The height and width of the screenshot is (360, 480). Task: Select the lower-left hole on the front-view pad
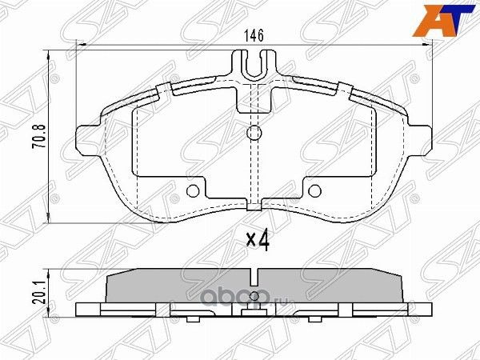pos(192,190)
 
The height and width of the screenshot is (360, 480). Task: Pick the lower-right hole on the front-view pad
pos(314,190)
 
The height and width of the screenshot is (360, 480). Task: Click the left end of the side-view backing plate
pos(78,309)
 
